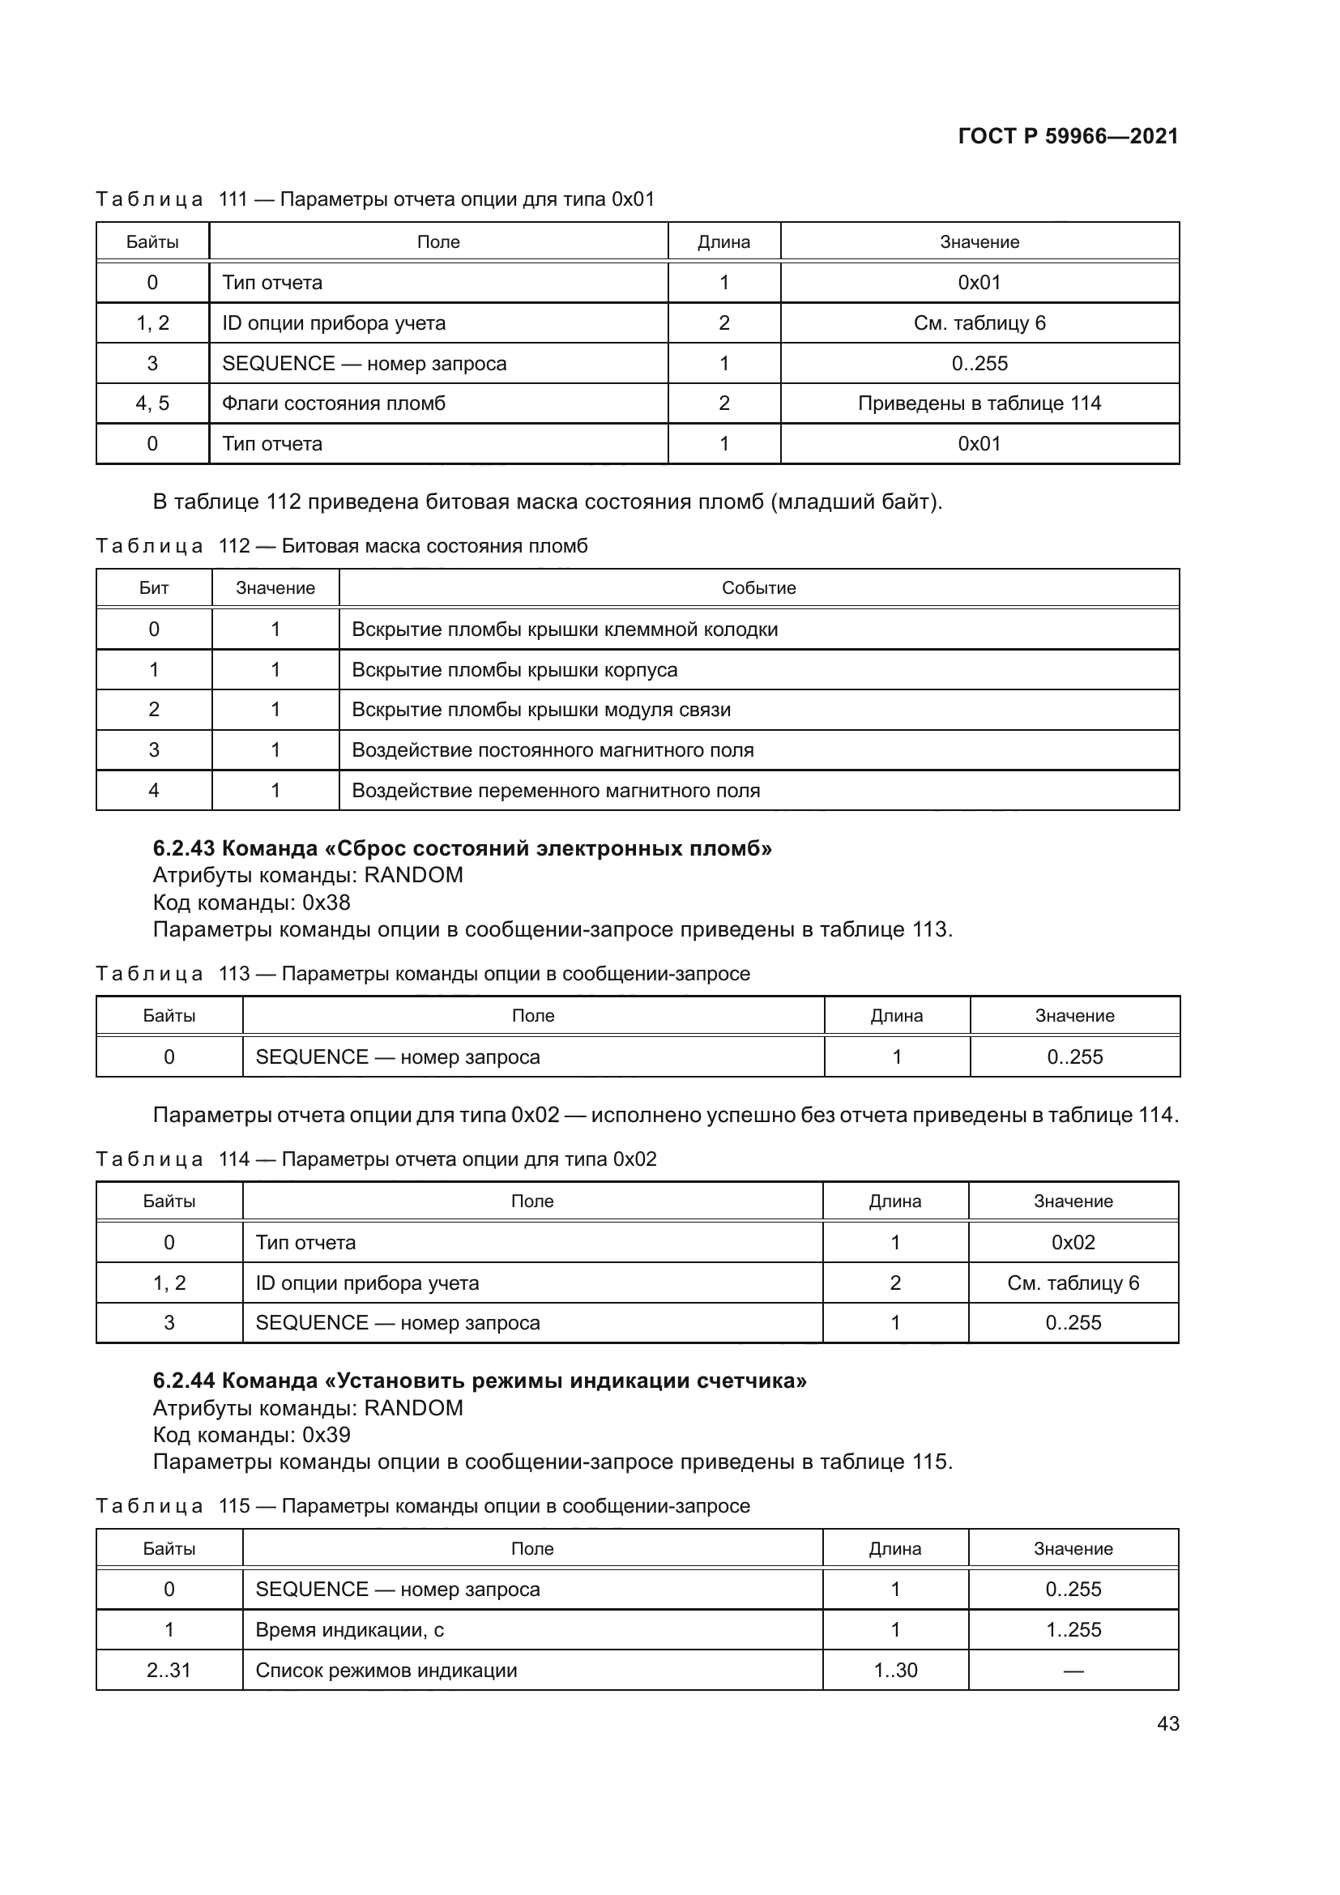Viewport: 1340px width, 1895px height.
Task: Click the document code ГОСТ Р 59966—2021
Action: tap(1068, 136)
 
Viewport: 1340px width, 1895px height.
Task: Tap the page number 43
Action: tap(1167, 1723)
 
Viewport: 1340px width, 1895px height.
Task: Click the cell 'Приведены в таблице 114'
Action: tap(979, 403)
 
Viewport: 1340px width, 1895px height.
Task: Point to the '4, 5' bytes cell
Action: tap(152, 403)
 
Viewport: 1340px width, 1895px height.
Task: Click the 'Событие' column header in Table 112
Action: tap(758, 588)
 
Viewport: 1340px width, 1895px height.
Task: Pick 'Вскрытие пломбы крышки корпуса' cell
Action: tap(514, 669)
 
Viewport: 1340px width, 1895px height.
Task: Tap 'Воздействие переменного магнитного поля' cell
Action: tap(555, 791)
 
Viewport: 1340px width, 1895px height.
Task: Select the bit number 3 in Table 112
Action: tap(153, 750)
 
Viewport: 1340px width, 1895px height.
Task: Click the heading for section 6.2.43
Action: tap(462, 848)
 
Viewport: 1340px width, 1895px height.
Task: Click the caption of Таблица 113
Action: tap(422, 974)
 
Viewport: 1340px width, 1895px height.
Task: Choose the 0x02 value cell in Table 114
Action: tap(1073, 1243)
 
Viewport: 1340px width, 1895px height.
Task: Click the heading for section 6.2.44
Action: tap(480, 1381)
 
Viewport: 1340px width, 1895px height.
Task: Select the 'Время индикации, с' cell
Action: tap(349, 1630)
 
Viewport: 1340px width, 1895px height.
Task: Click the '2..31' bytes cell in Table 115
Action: tap(169, 1671)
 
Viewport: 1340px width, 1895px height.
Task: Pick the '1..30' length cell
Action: tap(895, 1671)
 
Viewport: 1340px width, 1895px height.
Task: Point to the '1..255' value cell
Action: tap(1073, 1630)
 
